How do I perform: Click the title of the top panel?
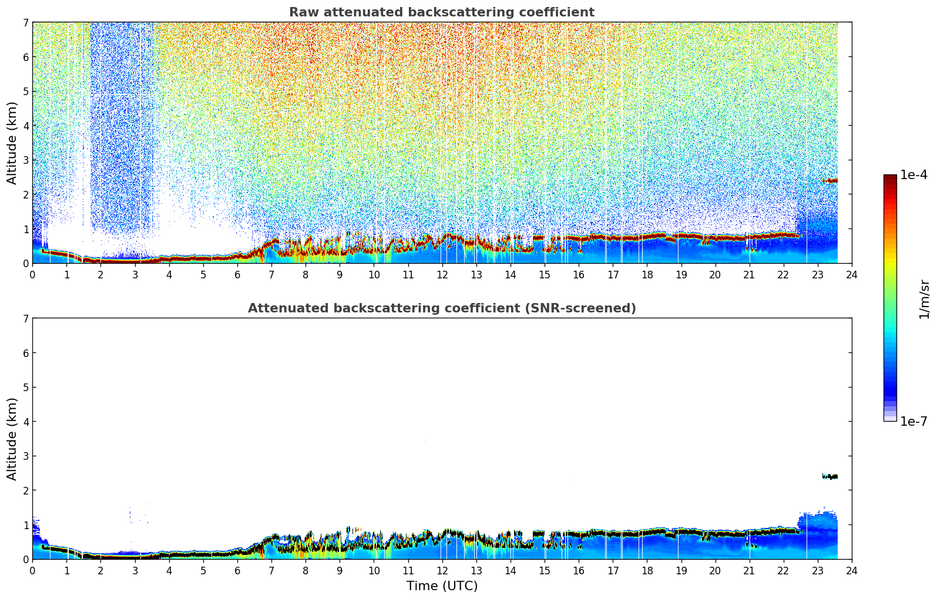point(442,12)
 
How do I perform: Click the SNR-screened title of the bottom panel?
point(442,308)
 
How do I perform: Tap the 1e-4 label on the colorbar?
point(914,175)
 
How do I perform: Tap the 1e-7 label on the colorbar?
point(914,421)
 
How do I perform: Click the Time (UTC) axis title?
point(442,586)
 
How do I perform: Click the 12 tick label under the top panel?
point(442,275)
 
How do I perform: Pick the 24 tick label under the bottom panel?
point(852,571)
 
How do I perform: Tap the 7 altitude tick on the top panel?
point(25,22)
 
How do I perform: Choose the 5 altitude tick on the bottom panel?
point(25,388)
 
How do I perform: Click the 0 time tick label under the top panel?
point(33,275)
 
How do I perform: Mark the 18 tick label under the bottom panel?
point(647,571)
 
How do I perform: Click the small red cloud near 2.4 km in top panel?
point(830,181)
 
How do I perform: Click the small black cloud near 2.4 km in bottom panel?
point(830,476)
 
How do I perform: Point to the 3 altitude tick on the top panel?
point(25,160)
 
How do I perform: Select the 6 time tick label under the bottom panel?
point(237,571)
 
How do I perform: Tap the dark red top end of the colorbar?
point(890,177)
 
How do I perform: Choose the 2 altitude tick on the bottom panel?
point(25,490)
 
